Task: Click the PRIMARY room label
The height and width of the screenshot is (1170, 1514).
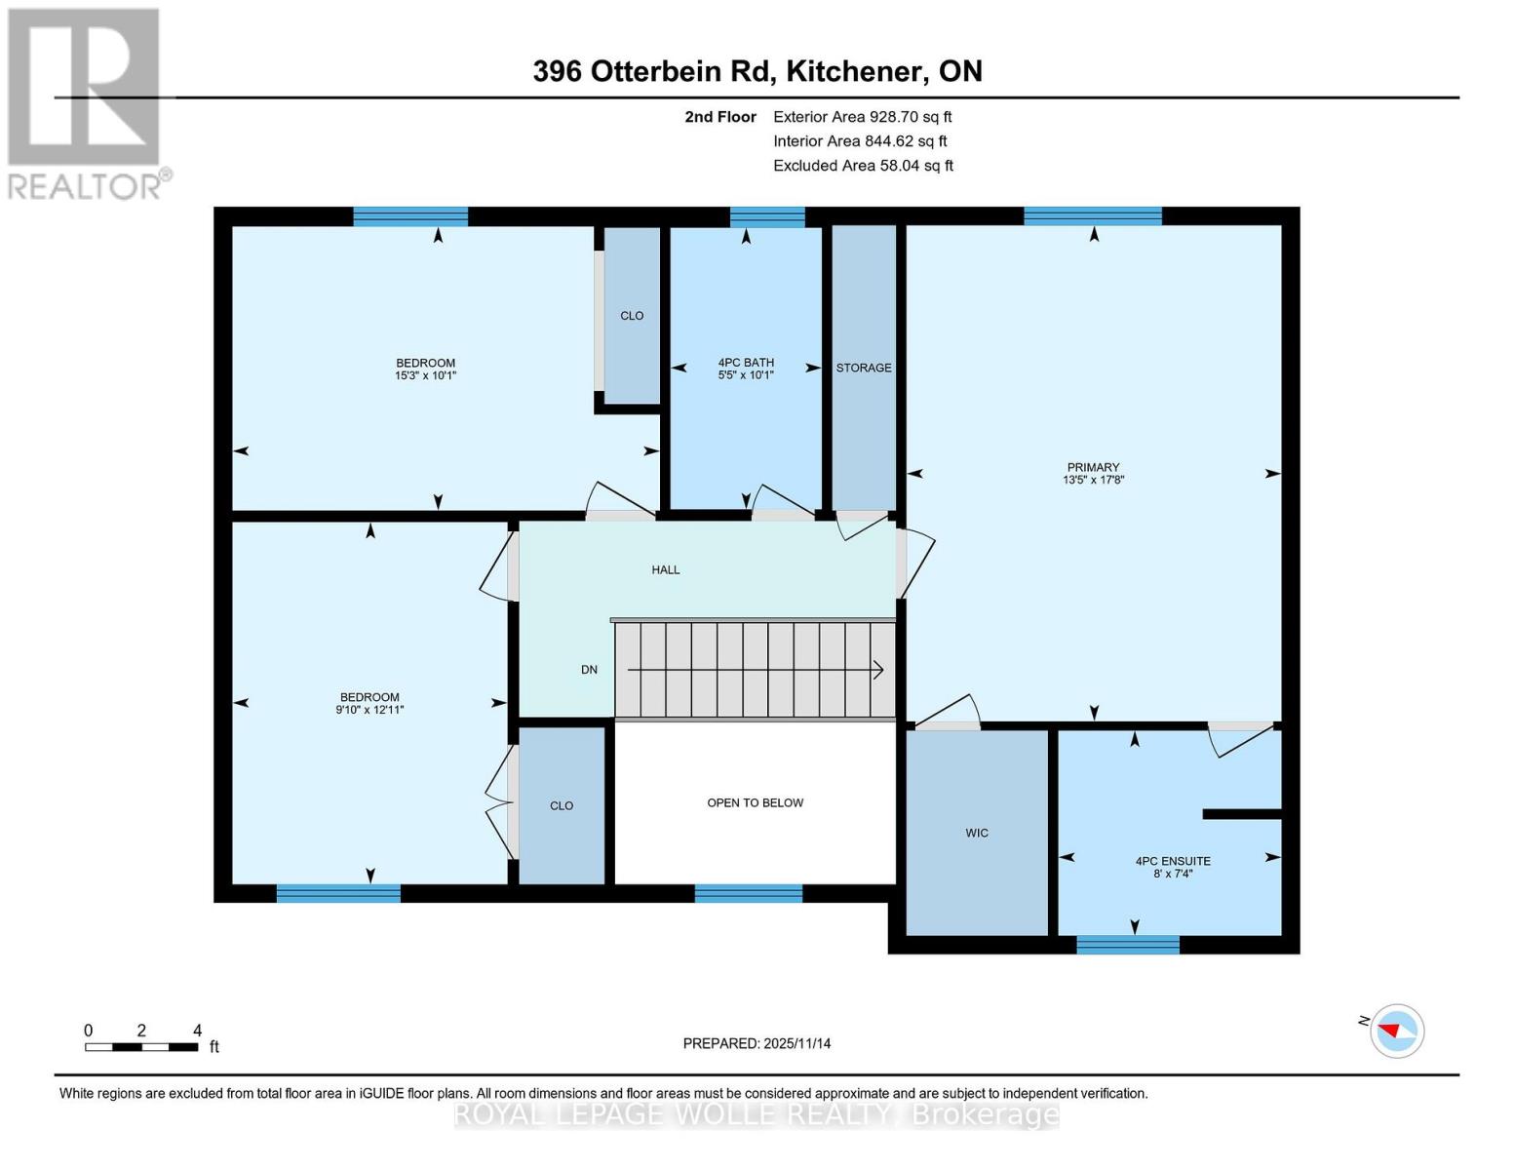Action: (x=1093, y=467)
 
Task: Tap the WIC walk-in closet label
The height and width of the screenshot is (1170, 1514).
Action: (x=976, y=833)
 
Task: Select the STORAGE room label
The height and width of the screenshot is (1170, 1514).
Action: (x=863, y=368)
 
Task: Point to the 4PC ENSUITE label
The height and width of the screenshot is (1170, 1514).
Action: (x=1173, y=861)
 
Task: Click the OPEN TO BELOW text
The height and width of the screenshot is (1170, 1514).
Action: (x=755, y=802)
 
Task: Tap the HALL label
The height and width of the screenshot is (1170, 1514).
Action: (x=666, y=570)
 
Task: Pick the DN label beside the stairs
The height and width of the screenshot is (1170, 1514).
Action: (x=589, y=670)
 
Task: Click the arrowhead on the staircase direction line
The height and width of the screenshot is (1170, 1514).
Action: (x=878, y=670)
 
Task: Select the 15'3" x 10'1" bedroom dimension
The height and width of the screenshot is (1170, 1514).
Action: (x=425, y=375)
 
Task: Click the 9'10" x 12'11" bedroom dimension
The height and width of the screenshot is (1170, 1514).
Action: (x=369, y=710)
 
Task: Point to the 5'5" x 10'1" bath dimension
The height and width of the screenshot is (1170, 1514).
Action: (x=746, y=375)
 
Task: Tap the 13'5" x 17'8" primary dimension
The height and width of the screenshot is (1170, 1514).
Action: (x=1093, y=480)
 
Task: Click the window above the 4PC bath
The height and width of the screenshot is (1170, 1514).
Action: (x=767, y=216)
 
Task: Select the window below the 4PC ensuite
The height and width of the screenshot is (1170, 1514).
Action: (x=1127, y=945)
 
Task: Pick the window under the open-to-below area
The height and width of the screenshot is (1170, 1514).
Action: (x=749, y=893)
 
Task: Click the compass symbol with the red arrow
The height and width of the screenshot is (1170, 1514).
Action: (x=1396, y=1032)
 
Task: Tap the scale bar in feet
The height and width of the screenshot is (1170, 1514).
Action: (x=141, y=1046)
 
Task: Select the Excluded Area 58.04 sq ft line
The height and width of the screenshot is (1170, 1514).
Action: (x=863, y=166)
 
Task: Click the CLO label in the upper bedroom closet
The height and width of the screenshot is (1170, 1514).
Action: (x=632, y=316)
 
